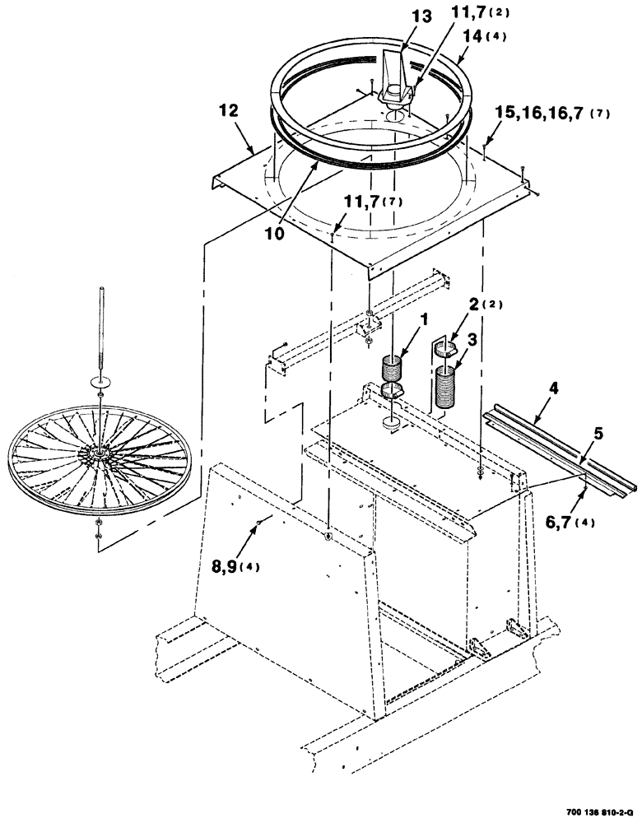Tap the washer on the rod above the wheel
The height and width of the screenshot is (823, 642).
pos(98,382)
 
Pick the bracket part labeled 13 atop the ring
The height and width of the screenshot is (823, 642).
pos(396,72)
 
